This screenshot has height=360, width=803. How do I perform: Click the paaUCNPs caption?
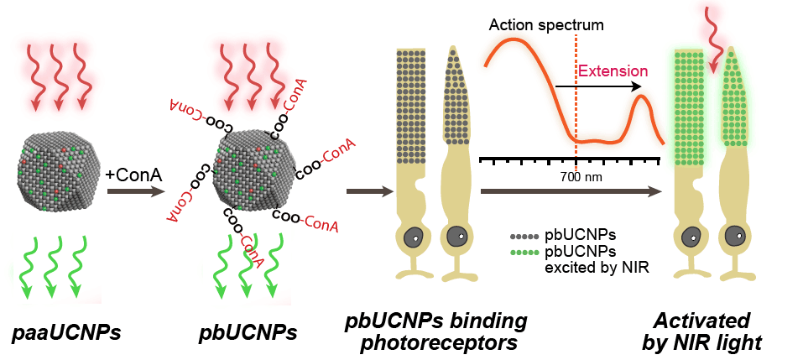pyautogui.click(x=66, y=333)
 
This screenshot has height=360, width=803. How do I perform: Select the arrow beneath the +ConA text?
pyautogui.click(x=134, y=192)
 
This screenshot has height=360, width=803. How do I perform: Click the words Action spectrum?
pyautogui.click(x=545, y=25)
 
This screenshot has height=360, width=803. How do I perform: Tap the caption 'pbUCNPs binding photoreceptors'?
pyautogui.click(x=436, y=331)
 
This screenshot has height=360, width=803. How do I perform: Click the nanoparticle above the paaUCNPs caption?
pyautogui.click(x=56, y=171)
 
